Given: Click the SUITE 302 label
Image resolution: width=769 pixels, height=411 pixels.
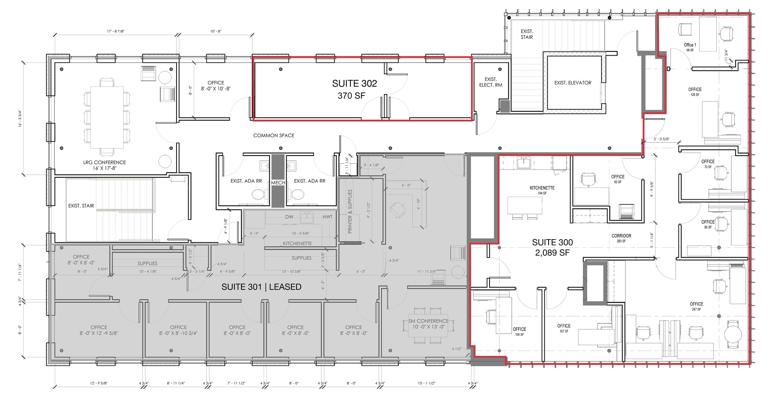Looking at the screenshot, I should pos(354,83).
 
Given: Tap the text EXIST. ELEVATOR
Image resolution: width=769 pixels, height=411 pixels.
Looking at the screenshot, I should pos(572,83).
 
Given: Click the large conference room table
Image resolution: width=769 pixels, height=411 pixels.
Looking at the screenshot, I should pos(107,117).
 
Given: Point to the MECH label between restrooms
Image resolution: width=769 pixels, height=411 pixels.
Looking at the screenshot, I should pos(278,183).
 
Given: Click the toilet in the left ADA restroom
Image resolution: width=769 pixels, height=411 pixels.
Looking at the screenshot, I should pos(258,194).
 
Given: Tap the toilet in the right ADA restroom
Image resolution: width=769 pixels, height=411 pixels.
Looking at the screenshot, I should pos(298,194).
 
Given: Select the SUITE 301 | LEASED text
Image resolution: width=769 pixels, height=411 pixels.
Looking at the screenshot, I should pos(261,287).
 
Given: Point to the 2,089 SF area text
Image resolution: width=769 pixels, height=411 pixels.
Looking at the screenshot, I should pos(552,253).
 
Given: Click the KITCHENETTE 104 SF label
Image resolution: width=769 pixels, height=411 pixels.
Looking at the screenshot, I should pos(542,190).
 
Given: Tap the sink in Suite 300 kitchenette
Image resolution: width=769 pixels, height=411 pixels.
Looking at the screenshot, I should pos(523,162).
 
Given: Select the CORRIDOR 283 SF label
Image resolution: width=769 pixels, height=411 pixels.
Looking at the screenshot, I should pos(621,238).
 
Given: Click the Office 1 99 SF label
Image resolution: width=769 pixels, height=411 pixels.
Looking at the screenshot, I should pos(690,47).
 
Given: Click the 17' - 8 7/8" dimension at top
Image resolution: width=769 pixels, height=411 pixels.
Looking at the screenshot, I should pos(115,32).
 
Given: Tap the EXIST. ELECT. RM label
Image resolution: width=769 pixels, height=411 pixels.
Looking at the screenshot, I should pos(490,82).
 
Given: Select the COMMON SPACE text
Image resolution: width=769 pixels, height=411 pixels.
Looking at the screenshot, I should pos(273,135).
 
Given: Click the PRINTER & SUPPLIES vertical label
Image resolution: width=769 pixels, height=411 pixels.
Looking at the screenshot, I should pos(350,211).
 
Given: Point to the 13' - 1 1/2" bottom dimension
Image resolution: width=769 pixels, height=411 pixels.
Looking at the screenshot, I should pos(426,383).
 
